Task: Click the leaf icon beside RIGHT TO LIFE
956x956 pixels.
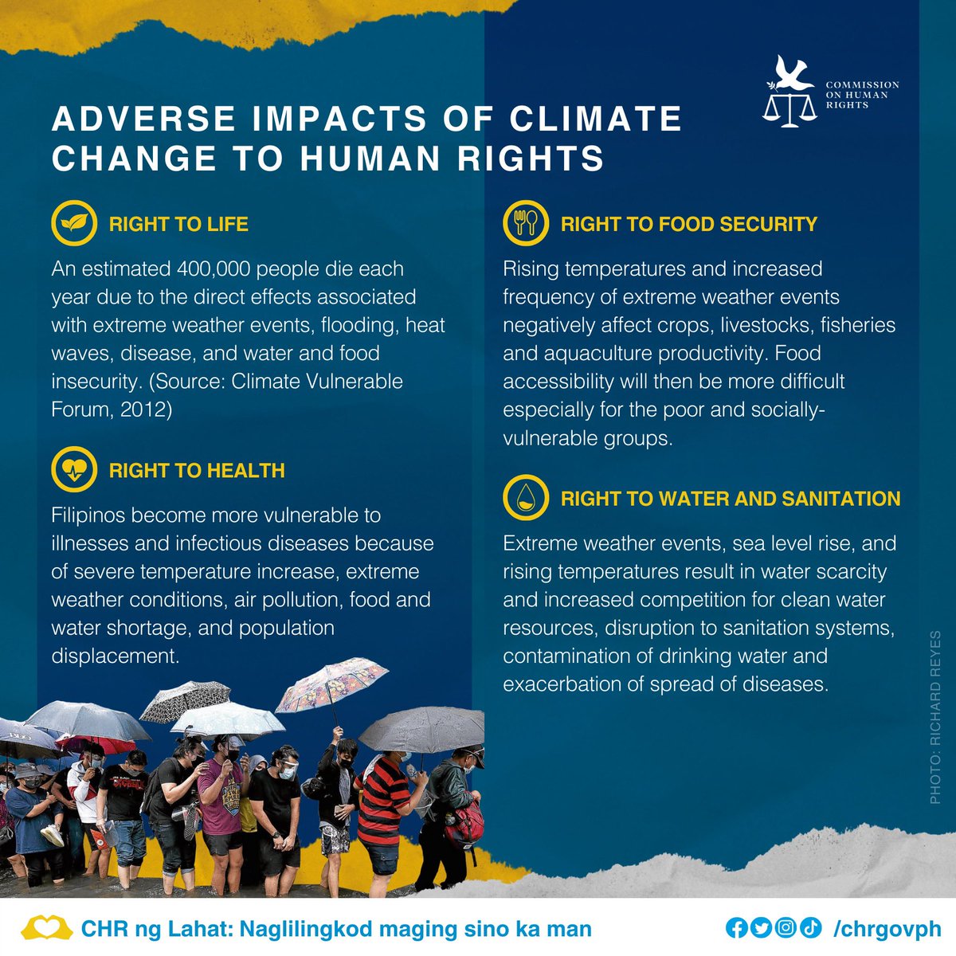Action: tap(74, 224)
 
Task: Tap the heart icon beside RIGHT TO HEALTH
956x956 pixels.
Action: tap(74, 470)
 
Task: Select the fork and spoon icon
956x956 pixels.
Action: tap(526, 223)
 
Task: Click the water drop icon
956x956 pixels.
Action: tap(526, 499)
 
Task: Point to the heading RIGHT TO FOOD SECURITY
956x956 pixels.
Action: tap(688, 224)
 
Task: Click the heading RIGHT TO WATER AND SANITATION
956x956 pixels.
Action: tap(730, 499)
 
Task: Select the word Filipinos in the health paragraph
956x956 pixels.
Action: tap(88, 515)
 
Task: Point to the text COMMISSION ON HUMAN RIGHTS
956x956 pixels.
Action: tap(862, 94)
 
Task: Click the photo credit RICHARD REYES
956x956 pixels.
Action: tap(935, 716)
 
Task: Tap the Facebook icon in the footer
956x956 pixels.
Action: tap(737, 927)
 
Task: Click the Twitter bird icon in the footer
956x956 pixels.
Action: tap(761, 927)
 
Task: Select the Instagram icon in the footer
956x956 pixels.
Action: tap(786, 927)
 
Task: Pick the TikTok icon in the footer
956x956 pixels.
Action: tap(810, 927)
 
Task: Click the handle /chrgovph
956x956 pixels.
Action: tap(887, 928)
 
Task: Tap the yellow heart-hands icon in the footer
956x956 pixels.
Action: tap(47, 928)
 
